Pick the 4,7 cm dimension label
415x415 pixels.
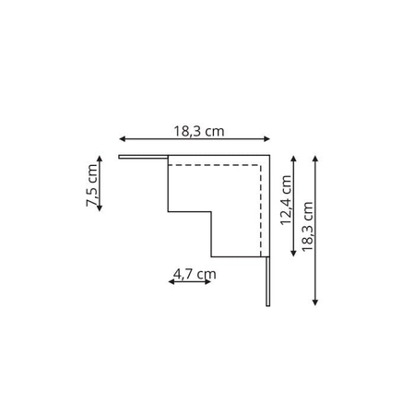194,273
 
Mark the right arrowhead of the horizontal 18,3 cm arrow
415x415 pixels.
268,139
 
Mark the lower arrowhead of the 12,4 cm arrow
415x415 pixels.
294,255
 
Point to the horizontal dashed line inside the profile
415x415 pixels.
217,165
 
